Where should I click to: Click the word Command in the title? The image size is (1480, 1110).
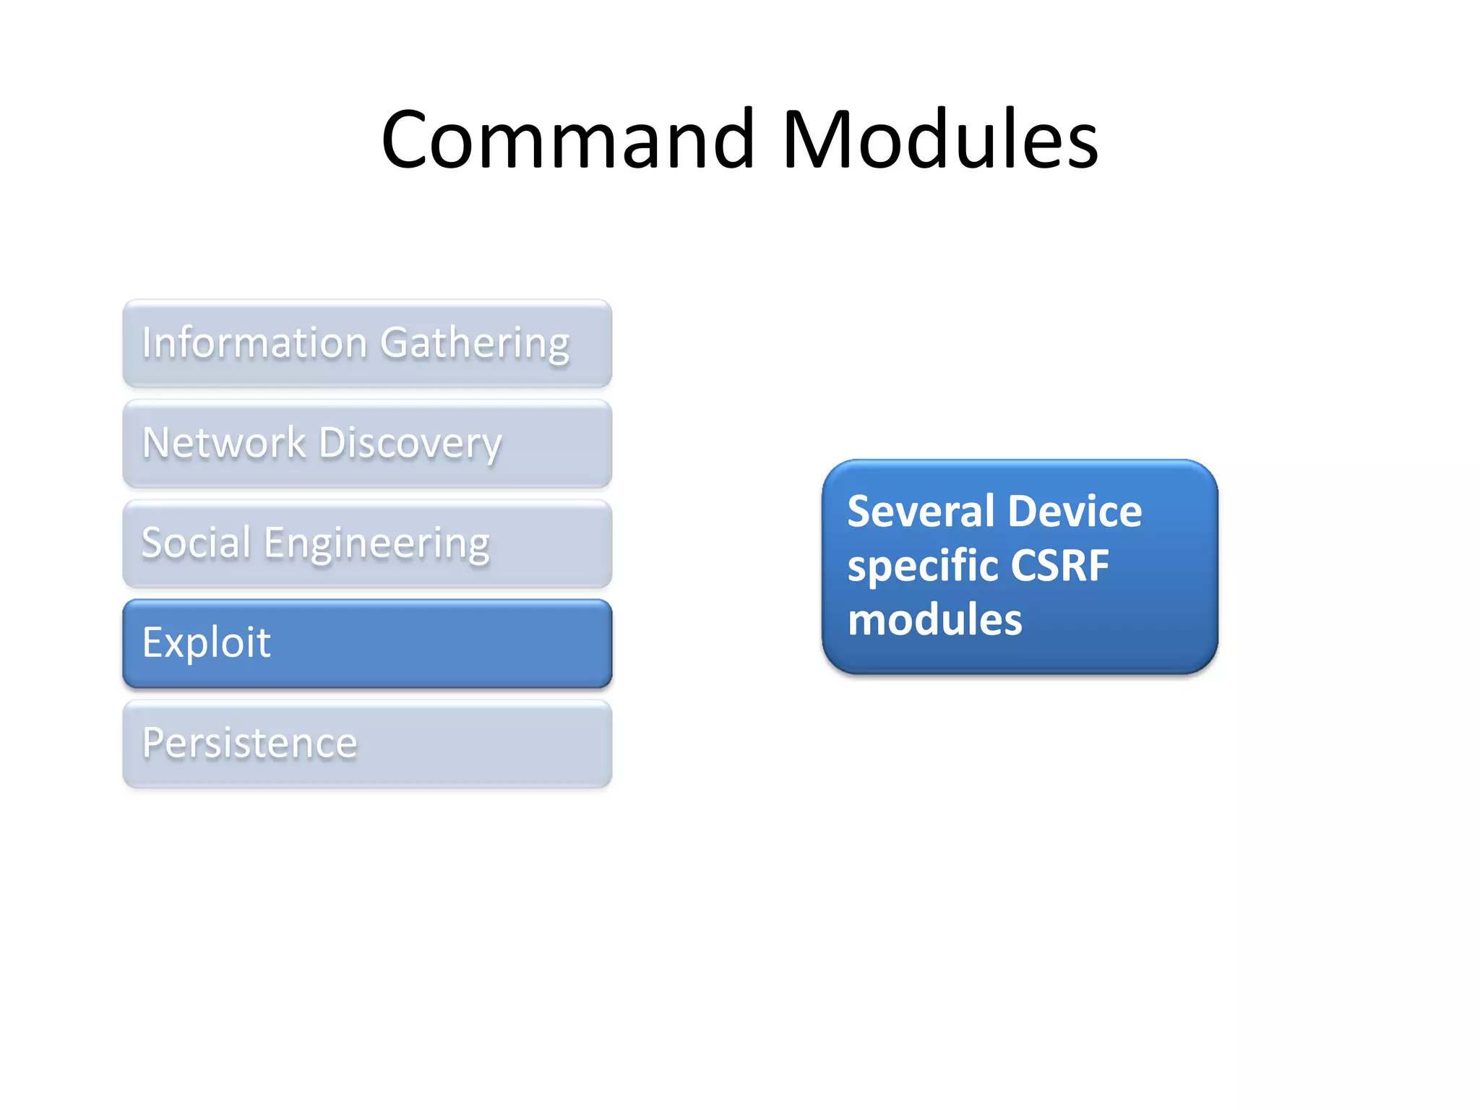tap(568, 139)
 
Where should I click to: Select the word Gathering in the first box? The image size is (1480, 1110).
tap(475, 343)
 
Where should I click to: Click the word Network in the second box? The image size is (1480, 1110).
tap(224, 442)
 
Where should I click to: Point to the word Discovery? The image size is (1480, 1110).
tap(410, 444)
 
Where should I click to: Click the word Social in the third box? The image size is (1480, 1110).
tap(196, 543)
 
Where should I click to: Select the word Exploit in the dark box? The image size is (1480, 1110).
tap(206, 642)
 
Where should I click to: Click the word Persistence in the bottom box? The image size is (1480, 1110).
tap(249, 743)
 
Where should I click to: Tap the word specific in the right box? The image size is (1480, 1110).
tap(921, 567)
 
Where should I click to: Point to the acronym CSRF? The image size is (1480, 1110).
tap(1059, 565)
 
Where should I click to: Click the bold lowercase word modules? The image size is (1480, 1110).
tap(934, 620)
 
